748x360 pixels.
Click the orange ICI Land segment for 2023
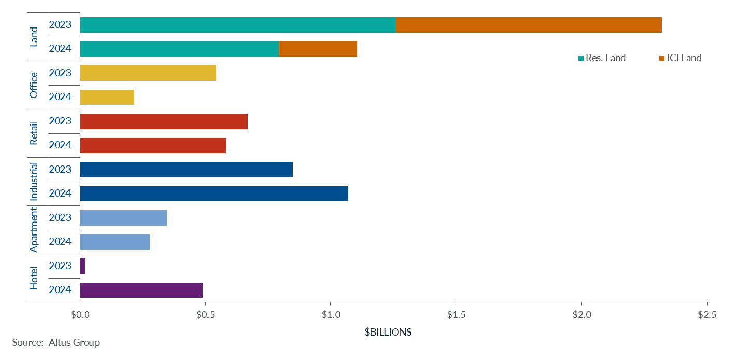(x=529, y=25)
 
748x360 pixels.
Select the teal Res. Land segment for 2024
(x=179, y=49)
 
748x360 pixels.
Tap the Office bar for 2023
(x=148, y=73)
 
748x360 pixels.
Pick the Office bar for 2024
(x=107, y=97)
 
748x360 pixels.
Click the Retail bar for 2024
(x=153, y=145)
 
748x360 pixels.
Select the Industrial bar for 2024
(x=214, y=193)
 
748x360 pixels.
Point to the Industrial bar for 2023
(x=186, y=170)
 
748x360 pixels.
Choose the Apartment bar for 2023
(x=123, y=218)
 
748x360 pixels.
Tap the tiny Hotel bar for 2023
(x=82, y=266)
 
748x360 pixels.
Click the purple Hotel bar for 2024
(x=142, y=290)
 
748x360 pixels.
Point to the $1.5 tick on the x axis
(x=456, y=315)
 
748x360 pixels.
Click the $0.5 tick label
(x=205, y=315)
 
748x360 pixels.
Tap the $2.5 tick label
(x=707, y=315)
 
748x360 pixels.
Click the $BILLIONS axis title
(x=388, y=333)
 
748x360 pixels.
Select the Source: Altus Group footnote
(x=56, y=343)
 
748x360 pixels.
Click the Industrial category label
(x=34, y=182)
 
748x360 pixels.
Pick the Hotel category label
(x=34, y=278)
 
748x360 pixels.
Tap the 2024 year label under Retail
(x=60, y=145)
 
